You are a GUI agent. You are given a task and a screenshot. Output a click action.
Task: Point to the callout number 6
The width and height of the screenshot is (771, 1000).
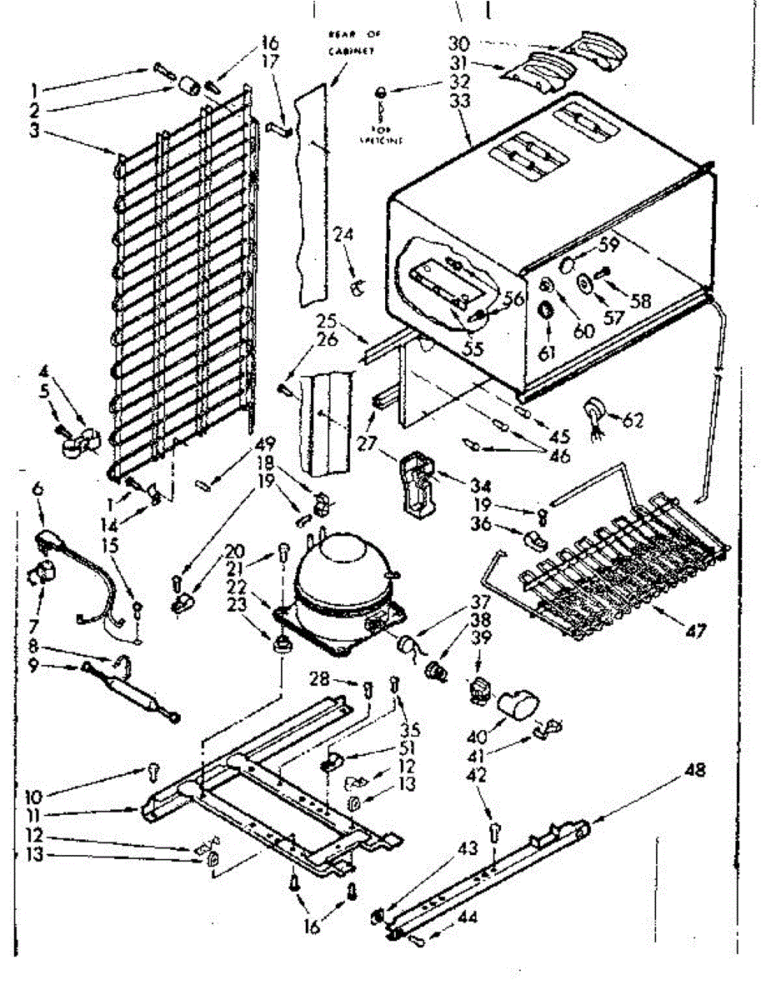point(37,492)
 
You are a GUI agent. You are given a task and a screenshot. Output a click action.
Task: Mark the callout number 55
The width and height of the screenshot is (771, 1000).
point(473,349)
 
